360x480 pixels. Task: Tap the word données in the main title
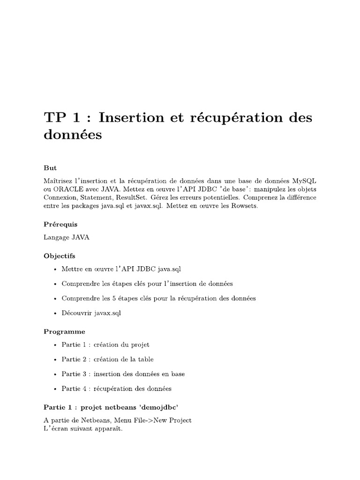click(x=72, y=135)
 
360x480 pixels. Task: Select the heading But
click(x=50, y=167)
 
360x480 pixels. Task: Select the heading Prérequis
click(x=60, y=225)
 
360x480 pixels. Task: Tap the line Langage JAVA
click(x=66, y=238)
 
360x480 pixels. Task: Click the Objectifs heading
click(x=59, y=256)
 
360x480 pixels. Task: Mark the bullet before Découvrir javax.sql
click(x=55, y=313)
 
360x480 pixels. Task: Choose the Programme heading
click(x=64, y=331)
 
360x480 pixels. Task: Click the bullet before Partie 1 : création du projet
click(x=55, y=345)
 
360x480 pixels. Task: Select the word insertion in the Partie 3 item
click(x=108, y=374)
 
